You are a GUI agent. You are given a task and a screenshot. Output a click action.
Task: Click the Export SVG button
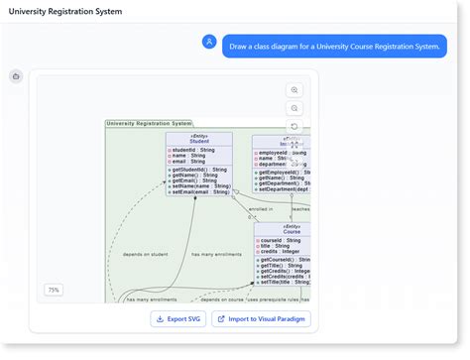click(177, 318)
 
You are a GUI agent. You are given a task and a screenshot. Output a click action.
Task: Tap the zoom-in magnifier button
click(294, 90)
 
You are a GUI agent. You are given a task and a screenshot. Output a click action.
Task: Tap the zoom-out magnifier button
click(294, 108)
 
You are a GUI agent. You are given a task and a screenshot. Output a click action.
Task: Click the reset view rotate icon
click(294, 126)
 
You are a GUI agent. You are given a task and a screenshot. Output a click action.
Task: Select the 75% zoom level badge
click(54, 290)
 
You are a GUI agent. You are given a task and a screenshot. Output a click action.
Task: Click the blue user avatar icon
click(209, 42)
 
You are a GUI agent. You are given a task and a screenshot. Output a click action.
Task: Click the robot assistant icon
click(16, 76)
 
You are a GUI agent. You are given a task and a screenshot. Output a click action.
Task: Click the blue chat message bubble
click(334, 46)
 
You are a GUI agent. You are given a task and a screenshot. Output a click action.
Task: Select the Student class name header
click(198, 141)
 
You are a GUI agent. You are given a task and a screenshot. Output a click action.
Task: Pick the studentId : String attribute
click(195, 150)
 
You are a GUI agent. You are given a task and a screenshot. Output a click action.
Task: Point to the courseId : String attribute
click(282, 240)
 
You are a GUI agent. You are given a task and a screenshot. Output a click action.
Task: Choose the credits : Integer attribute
click(283, 252)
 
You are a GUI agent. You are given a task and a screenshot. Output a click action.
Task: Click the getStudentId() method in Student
click(199, 170)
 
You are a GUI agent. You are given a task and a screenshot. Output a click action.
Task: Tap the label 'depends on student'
click(144, 254)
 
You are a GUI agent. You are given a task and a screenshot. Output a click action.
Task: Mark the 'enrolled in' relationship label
click(261, 209)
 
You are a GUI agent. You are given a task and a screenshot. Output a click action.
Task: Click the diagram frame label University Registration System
click(150, 124)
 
